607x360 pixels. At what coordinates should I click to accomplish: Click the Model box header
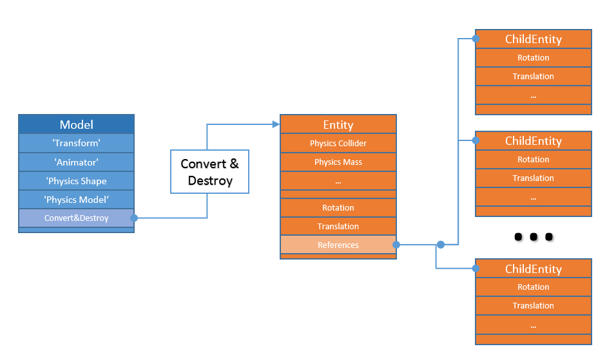(x=76, y=124)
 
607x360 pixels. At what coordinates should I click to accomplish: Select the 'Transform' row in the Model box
(x=76, y=143)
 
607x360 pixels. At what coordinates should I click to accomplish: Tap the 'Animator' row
(x=76, y=162)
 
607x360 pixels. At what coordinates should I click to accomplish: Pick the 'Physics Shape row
(x=76, y=181)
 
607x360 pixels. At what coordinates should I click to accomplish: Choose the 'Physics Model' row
(x=76, y=200)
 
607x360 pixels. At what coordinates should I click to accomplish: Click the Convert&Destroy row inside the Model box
(x=76, y=218)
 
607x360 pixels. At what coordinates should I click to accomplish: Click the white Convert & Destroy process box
(x=209, y=172)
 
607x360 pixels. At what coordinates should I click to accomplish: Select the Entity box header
(x=338, y=124)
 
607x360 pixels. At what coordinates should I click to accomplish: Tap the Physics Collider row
(x=338, y=143)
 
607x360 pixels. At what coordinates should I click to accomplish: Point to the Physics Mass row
(x=338, y=162)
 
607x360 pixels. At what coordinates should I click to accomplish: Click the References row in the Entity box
(x=338, y=245)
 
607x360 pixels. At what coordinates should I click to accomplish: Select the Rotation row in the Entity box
(x=338, y=207)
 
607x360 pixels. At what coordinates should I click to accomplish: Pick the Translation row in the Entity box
(x=338, y=226)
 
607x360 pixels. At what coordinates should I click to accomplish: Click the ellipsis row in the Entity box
(x=338, y=181)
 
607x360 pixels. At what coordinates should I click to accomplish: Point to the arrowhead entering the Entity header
(x=276, y=124)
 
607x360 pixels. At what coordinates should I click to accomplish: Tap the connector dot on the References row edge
(x=396, y=245)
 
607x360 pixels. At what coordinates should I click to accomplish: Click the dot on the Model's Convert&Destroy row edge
(x=134, y=218)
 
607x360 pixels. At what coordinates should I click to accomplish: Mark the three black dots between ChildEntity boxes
(x=534, y=237)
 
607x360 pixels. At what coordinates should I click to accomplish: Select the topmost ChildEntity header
(x=534, y=39)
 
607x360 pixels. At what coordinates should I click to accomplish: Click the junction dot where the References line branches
(x=441, y=245)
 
